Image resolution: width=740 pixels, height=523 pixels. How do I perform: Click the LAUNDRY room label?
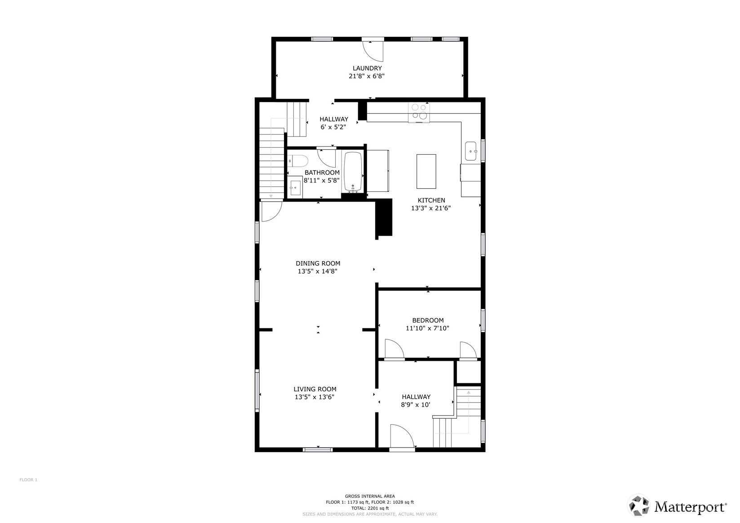(x=367, y=68)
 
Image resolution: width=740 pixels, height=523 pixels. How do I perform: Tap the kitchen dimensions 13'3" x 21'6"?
(x=430, y=208)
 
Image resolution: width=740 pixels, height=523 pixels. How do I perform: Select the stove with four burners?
(x=419, y=112)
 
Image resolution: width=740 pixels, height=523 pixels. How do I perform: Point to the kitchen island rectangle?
(x=426, y=171)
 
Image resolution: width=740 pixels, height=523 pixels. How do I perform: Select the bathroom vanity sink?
(x=295, y=188)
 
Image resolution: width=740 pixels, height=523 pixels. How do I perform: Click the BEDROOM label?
(x=428, y=320)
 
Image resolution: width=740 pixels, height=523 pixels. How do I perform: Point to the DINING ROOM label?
(x=318, y=264)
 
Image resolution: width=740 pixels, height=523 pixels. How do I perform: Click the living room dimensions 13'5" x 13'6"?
(x=315, y=397)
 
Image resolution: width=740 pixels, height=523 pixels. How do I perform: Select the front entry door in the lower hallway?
(x=402, y=437)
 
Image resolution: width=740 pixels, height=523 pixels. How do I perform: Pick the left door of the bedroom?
(x=394, y=350)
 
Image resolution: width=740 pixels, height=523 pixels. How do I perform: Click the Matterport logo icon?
(x=638, y=505)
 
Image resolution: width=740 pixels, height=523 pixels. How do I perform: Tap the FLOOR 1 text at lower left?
(x=28, y=480)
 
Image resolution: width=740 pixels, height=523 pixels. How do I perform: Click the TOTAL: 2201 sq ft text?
(x=370, y=508)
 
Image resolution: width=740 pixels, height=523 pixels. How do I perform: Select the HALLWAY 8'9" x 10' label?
(x=416, y=400)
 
